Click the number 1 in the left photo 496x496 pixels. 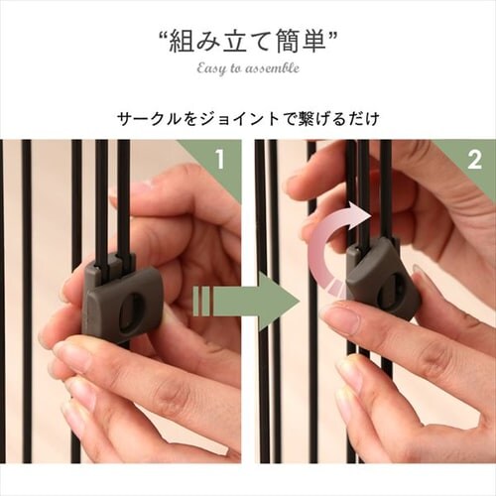point(219,160)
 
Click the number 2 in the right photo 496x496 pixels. point(475,160)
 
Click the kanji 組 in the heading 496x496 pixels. point(182,41)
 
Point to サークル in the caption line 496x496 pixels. point(150,119)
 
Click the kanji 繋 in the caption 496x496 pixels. point(308,119)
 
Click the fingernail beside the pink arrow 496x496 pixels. point(338,316)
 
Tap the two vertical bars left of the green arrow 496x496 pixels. point(201,301)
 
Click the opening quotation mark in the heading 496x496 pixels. point(163,35)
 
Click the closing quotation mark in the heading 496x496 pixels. point(332,35)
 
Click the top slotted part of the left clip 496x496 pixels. point(112,265)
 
